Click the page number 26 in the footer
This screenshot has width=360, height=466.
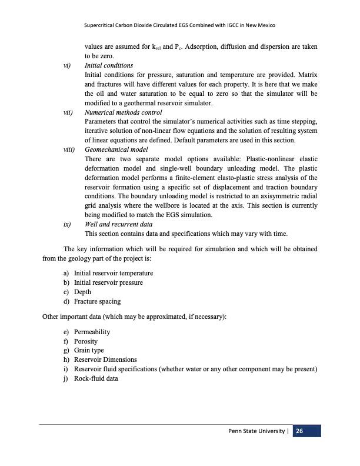pyautogui.click(x=299, y=432)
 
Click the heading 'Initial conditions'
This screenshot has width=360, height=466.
pyautogui.click(x=109, y=65)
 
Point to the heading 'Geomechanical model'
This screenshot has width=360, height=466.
pyautogui.click(x=116, y=150)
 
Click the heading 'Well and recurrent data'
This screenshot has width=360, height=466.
pyautogui.click(x=118, y=225)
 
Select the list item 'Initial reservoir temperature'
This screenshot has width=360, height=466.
pyautogui.click(x=113, y=274)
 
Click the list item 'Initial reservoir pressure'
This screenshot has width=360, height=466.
pyautogui.click(x=108, y=283)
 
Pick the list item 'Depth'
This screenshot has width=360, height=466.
pyautogui.click(x=83, y=292)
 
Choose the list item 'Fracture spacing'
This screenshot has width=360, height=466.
pyautogui.click(x=97, y=302)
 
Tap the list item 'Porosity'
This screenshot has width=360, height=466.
pyautogui.click(x=86, y=341)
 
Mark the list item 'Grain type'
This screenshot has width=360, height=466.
pyautogui.click(x=89, y=351)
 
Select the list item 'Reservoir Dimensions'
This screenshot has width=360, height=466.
pyautogui.click(x=105, y=360)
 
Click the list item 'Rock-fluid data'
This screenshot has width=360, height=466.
pyautogui.click(x=96, y=378)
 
